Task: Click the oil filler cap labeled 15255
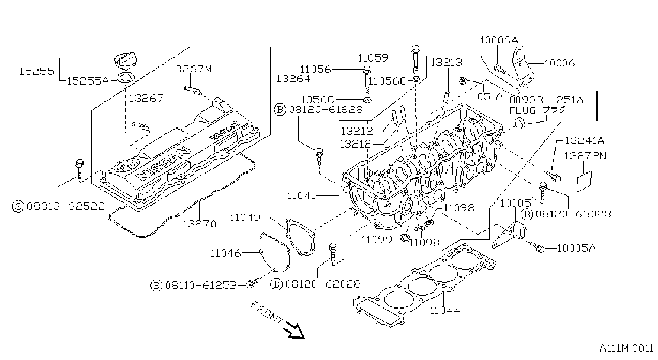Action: tap(125, 61)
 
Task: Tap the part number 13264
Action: tap(293, 79)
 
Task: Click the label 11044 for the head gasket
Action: tap(445, 310)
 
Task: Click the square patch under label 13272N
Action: tap(584, 181)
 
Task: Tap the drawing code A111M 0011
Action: tap(626, 349)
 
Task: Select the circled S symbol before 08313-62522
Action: tap(18, 206)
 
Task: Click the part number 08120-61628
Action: tap(326, 110)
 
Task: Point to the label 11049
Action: tap(245, 217)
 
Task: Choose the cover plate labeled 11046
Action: tap(274, 253)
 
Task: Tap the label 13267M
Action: tap(191, 69)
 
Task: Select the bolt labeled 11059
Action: tap(415, 59)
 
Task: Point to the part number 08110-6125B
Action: tap(201, 286)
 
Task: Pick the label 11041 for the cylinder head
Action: tap(301, 196)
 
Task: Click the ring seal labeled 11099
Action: tap(405, 238)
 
